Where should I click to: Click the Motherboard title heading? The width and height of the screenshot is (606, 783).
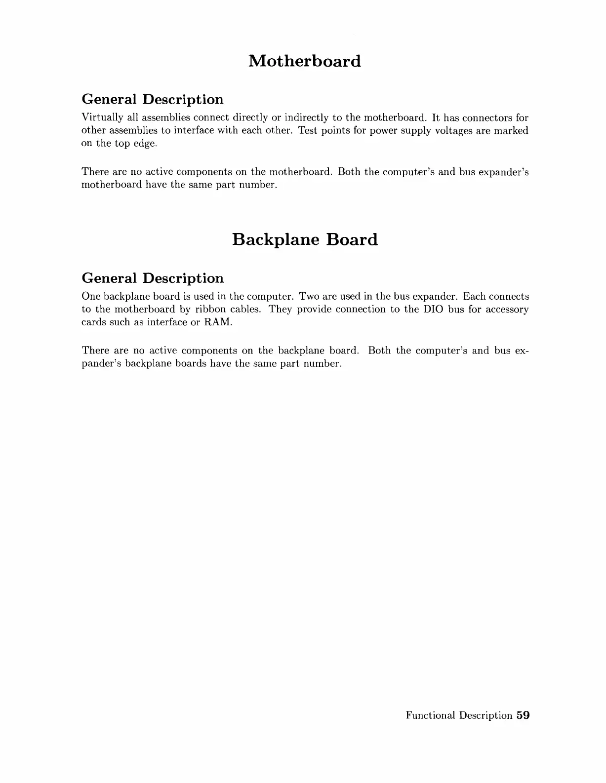pyautogui.click(x=305, y=61)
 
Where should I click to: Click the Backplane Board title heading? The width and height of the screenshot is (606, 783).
pyautogui.click(x=305, y=239)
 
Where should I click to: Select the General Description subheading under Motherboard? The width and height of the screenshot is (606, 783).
pyautogui.click(x=152, y=99)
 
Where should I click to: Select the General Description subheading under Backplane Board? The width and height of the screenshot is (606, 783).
pyautogui.click(x=152, y=278)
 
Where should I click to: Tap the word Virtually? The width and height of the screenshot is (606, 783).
pyautogui.click(x=99, y=118)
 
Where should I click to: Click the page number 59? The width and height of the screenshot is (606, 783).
pyautogui.click(x=523, y=715)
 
